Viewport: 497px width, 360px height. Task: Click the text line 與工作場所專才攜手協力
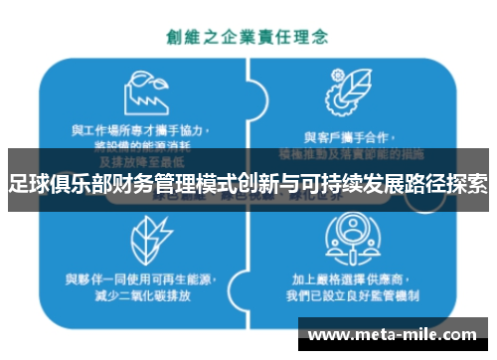tap(147, 130)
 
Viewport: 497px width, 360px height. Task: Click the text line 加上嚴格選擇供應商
tap(351, 279)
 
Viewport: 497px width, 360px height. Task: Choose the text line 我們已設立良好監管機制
tap(351, 295)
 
